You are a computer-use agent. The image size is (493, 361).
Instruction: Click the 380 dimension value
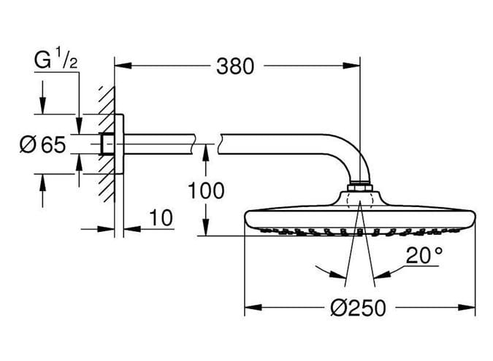(235, 66)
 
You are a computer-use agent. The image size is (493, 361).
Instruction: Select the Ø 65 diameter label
(43, 144)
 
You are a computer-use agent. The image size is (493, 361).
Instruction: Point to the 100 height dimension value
(206, 190)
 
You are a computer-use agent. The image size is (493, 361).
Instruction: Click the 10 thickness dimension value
(161, 218)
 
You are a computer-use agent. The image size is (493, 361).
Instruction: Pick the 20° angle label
(424, 255)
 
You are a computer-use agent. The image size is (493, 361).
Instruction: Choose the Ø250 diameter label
(358, 307)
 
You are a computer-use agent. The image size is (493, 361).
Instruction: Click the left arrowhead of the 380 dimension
(123, 66)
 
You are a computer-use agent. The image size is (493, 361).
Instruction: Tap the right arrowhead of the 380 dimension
(351, 66)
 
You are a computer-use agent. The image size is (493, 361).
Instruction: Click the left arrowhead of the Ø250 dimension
(253, 307)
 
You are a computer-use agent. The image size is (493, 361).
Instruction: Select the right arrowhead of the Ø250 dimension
(467, 307)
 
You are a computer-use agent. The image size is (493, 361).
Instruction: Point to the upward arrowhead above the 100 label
(206, 152)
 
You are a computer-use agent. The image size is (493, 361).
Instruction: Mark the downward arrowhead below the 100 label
(206, 228)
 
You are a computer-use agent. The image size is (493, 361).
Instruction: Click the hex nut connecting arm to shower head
(359, 187)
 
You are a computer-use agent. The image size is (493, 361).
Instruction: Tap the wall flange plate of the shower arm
(119, 144)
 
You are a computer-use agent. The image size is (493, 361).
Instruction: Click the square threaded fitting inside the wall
(107, 144)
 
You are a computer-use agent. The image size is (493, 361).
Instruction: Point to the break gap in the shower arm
(206, 144)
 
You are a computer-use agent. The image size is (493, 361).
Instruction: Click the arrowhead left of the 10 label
(106, 229)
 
